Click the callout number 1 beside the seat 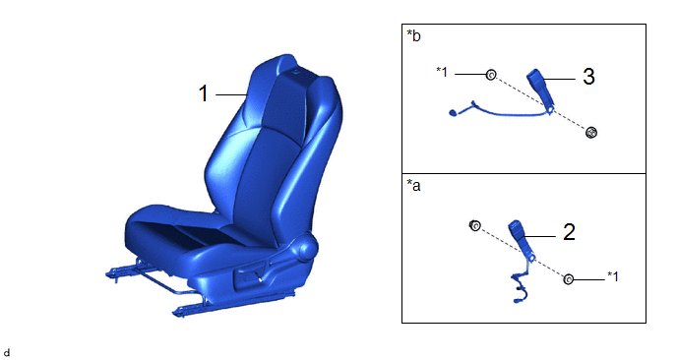pyautogui.click(x=204, y=93)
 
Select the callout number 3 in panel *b pyautogui.click(x=588, y=77)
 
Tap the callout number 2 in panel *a pyautogui.click(x=569, y=232)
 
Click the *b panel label pyautogui.click(x=413, y=35)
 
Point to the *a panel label pyautogui.click(x=413, y=185)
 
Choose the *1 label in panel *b pyautogui.click(x=442, y=72)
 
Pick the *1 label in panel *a pyautogui.click(x=613, y=276)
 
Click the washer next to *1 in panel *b pyautogui.click(x=490, y=75)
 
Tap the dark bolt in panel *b pyautogui.click(x=591, y=133)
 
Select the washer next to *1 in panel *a pyautogui.click(x=568, y=279)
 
